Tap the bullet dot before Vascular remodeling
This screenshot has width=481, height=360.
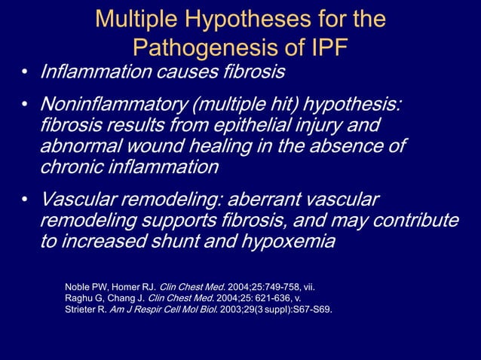tap(24, 200)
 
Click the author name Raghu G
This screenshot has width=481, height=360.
tap(87, 297)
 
